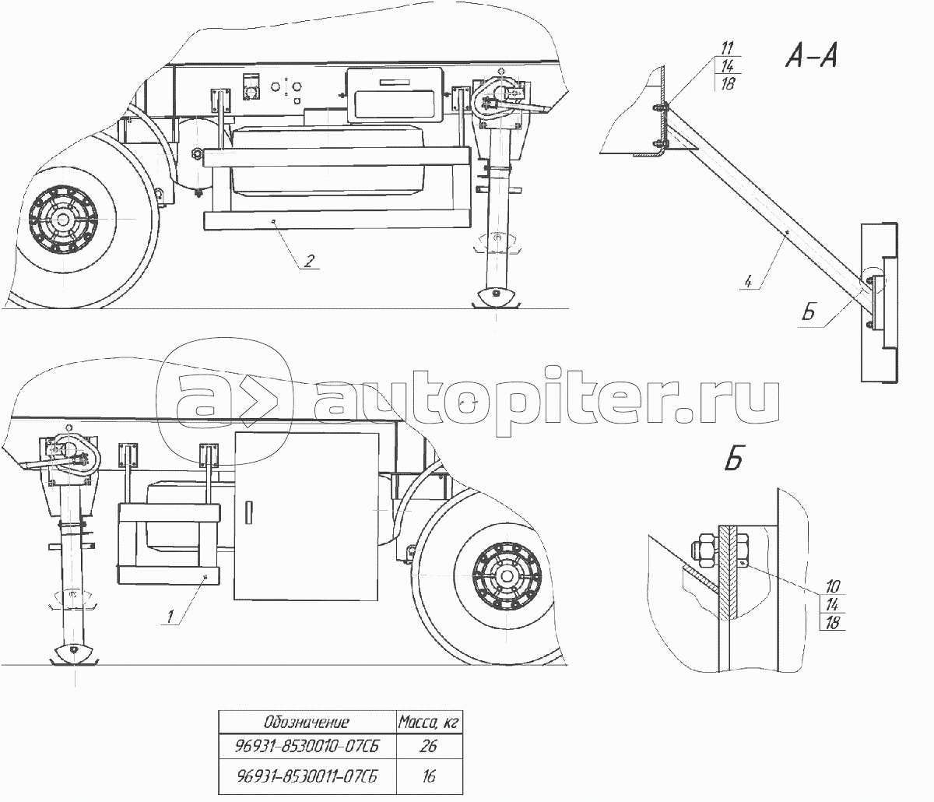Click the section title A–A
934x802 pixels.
point(812,58)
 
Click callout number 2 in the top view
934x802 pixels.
point(309,261)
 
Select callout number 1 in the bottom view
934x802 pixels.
point(170,617)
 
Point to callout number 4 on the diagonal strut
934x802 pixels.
point(749,282)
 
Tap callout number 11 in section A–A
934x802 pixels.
point(728,48)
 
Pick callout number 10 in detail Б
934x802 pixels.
point(832,586)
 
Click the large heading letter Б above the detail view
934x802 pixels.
point(734,459)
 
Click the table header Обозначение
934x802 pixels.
point(307,723)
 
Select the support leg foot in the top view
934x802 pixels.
point(497,297)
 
